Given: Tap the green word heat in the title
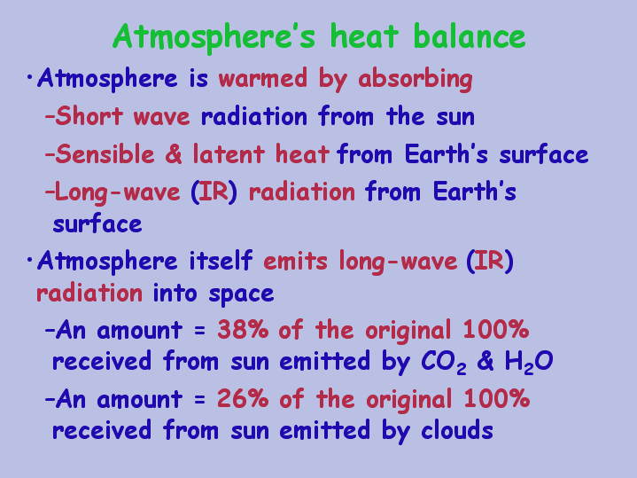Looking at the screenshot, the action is pyautogui.click(x=364, y=36).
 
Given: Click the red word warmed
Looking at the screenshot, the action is pyautogui.click(x=263, y=78).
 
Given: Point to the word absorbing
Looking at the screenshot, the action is pyautogui.click(x=416, y=79).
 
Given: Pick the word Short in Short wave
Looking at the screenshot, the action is pyautogui.click(x=89, y=116).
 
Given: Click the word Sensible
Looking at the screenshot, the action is pyautogui.click(x=105, y=154).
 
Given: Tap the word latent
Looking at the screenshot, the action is pyautogui.click(x=229, y=154).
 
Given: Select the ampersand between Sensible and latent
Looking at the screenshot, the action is pyautogui.click(x=174, y=154).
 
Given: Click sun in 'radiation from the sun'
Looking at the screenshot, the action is pyautogui.click(x=455, y=118).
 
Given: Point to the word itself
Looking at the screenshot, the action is pyautogui.click(x=221, y=261).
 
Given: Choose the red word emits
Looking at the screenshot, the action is pyautogui.click(x=295, y=262).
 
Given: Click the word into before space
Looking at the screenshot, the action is pyautogui.click(x=175, y=294).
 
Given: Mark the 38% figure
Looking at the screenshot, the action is pyautogui.click(x=243, y=330).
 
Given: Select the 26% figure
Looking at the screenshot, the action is pyautogui.click(x=243, y=399).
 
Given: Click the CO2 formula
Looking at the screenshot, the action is pyautogui.click(x=443, y=362).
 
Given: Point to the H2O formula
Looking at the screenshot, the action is pyautogui.click(x=529, y=362).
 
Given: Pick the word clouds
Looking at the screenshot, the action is pyautogui.click(x=457, y=430).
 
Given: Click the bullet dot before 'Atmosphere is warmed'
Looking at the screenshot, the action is pyautogui.click(x=29, y=76).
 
